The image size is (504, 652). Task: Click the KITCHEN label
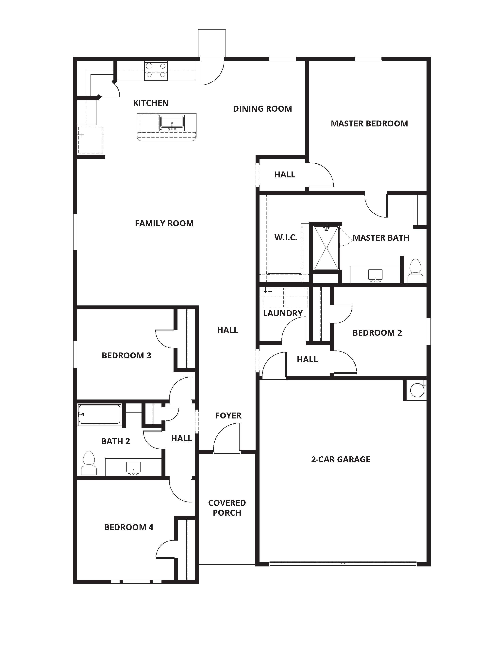pyautogui.click(x=151, y=103)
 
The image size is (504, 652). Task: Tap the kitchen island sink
pyautogui.click(x=172, y=122)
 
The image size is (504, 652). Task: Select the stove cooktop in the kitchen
pyautogui.click(x=156, y=71)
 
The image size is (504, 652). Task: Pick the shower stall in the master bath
pyautogui.click(x=326, y=248)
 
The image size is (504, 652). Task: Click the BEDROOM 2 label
pyautogui.click(x=377, y=333)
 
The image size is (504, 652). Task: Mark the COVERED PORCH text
pyautogui.click(x=227, y=508)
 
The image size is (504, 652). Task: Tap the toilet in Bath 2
pyautogui.click(x=89, y=463)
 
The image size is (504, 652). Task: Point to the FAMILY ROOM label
pyautogui.click(x=164, y=223)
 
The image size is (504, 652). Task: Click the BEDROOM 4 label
pyautogui.click(x=129, y=527)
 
